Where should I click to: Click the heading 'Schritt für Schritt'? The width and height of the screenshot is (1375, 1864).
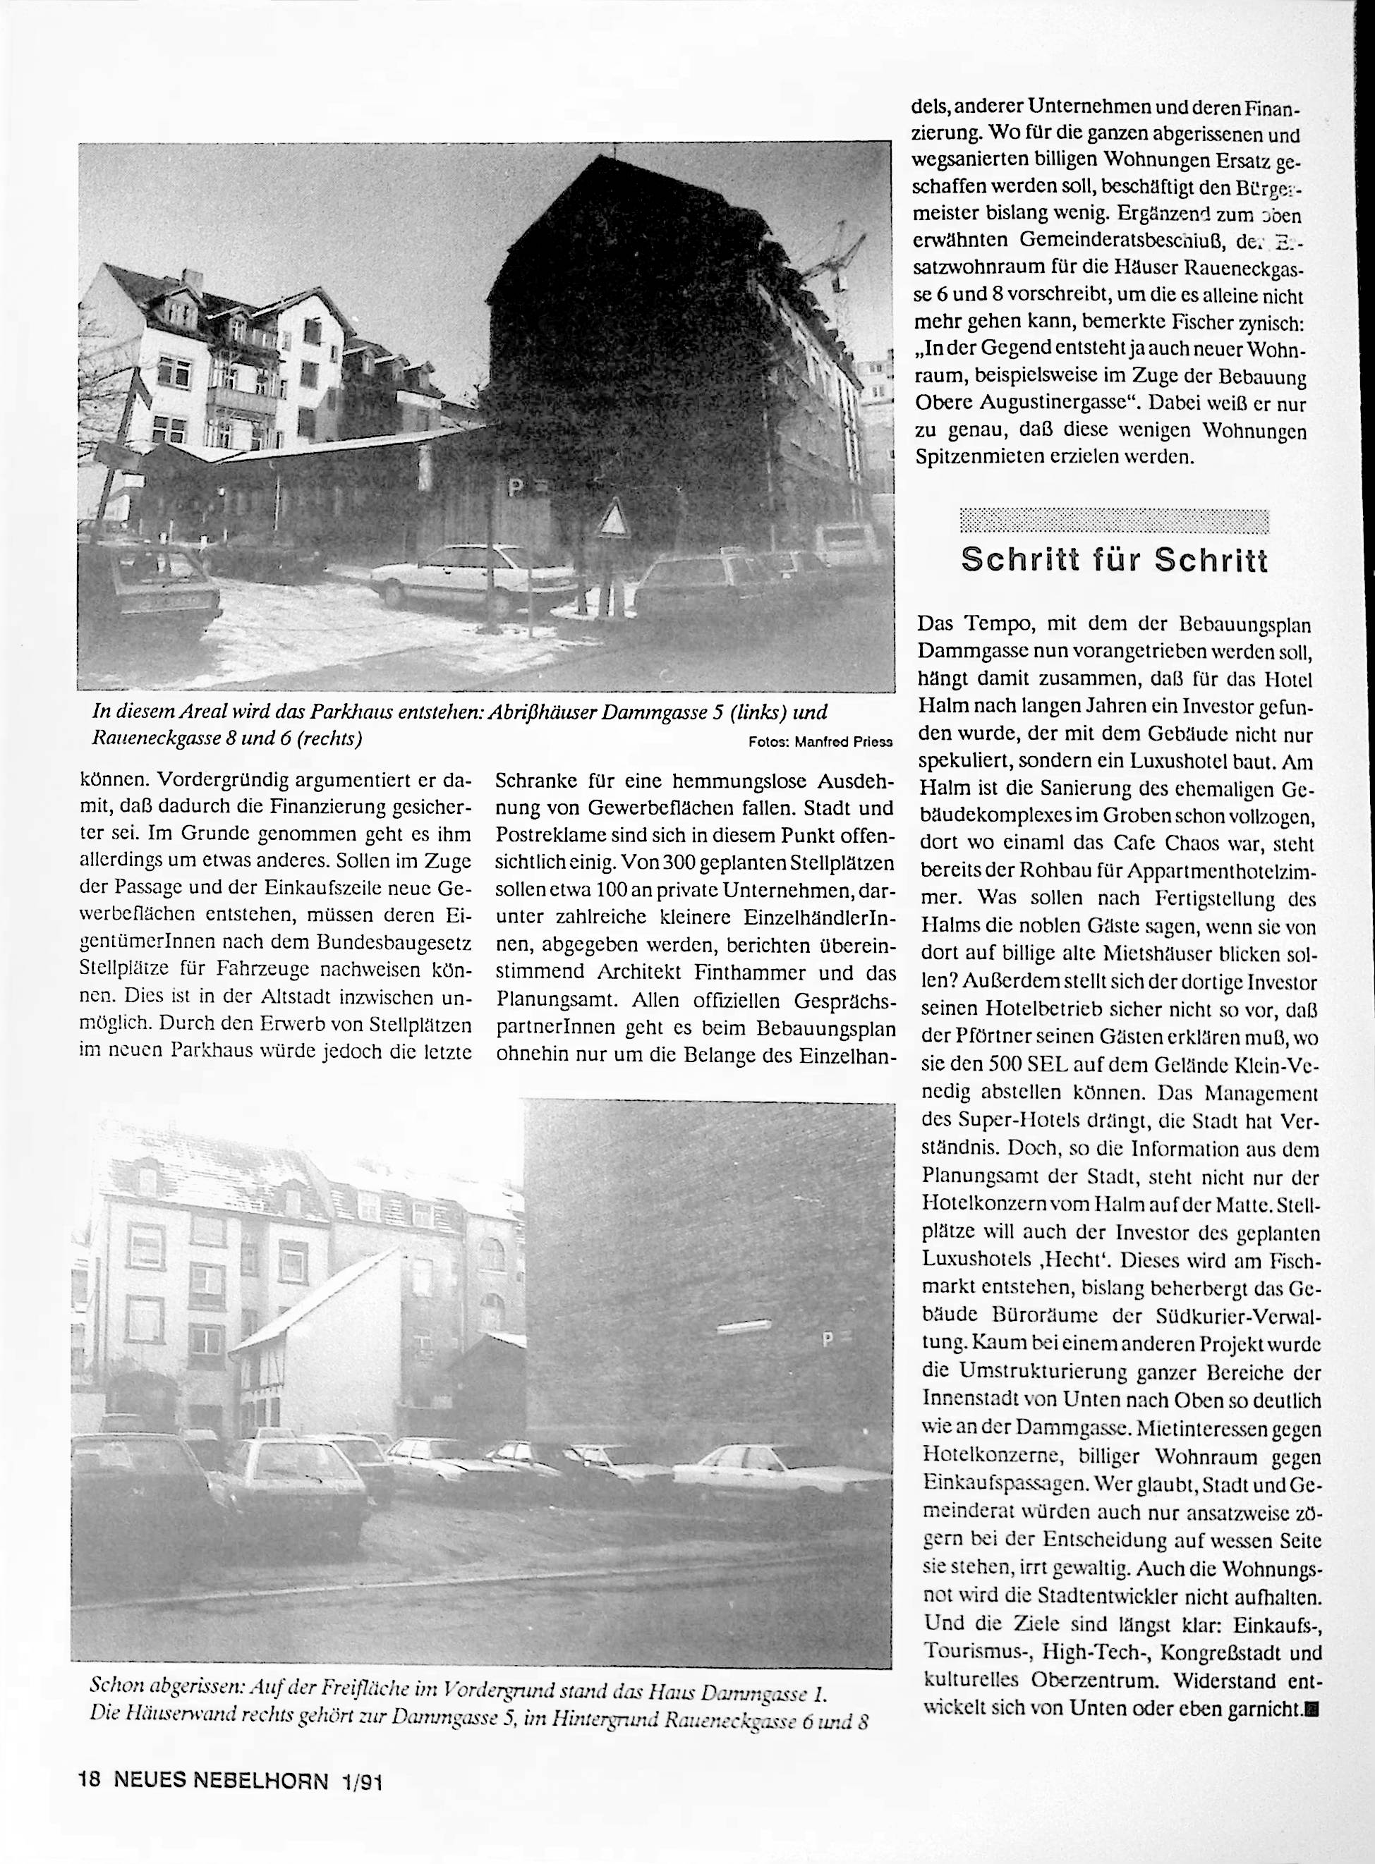1114,560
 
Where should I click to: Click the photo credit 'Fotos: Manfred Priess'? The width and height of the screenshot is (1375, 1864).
820,741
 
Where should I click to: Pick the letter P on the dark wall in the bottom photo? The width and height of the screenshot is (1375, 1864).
827,1341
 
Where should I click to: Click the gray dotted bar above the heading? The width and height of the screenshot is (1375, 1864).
1114,519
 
